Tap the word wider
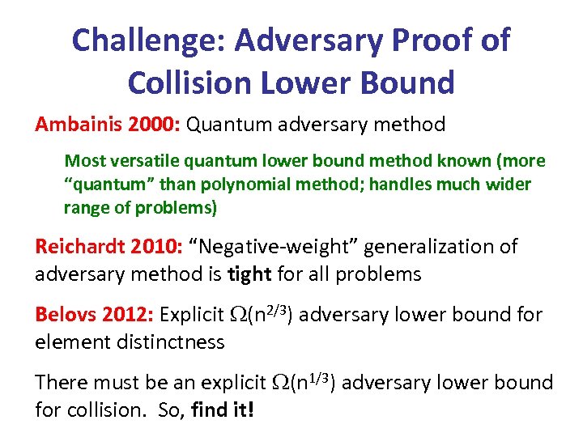[x=508, y=184]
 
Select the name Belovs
[x=64, y=314]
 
